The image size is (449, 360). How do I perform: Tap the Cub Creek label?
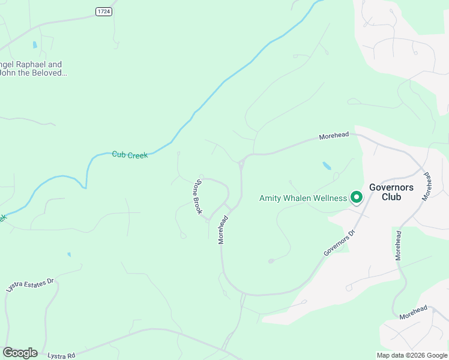coord(129,155)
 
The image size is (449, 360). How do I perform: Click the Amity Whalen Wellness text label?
coord(303,198)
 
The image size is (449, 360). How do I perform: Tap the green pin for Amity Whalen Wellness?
coord(356,197)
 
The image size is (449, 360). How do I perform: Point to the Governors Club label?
coord(391,191)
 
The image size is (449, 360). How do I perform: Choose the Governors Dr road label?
coord(339,242)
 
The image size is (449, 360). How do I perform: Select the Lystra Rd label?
coord(62,356)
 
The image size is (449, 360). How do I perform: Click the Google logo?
coord(20,353)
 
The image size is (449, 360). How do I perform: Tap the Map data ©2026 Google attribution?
coord(412,355)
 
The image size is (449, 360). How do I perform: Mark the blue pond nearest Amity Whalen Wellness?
coord(327,165)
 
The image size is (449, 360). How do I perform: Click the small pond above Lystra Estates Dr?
coord(69,254)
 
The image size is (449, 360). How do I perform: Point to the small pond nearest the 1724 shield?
coord(35,44)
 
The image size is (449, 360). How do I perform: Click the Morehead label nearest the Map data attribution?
coord(414,312)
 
